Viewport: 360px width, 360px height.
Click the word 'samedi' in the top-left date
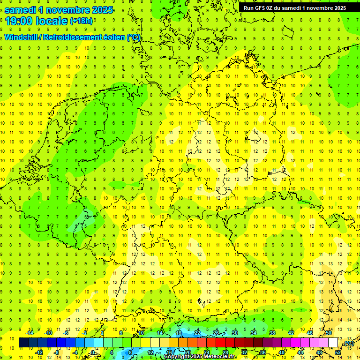point(21,9)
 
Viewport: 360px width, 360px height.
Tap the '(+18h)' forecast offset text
point(81,21)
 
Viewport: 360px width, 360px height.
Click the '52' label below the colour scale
point(338,352)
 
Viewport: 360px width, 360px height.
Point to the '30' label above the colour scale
point(235,333)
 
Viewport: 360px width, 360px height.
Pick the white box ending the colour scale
point(333,343)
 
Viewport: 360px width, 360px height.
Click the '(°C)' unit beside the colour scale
point(348,343)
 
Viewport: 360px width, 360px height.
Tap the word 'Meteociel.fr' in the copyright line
point(220,357)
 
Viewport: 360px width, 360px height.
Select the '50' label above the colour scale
point(329,333)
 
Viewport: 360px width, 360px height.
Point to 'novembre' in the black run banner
point(316,8)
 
